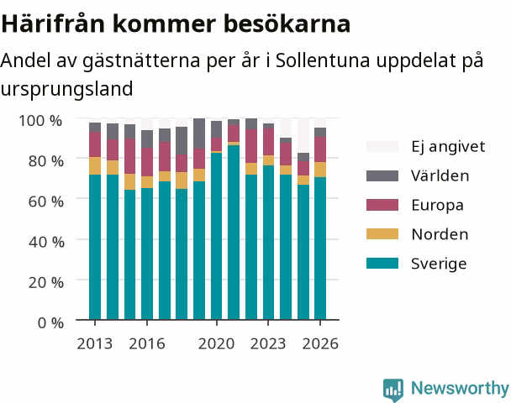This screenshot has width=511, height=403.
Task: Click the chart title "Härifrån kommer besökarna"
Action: (x=176, y=24)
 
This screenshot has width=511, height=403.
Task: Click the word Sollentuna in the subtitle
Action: (x=323, y=60)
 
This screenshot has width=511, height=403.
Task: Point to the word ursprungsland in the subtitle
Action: (x=66, y=89)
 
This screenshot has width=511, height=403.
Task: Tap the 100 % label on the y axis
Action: (x=40, y=121)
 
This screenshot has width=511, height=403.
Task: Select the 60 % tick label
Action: (x=46, y=201)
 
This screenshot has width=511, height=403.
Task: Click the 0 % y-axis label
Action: (x=50, y=322)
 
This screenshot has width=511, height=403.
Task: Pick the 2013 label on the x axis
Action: (x=94, y=343)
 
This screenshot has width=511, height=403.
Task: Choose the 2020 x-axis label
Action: (x=216, y=343)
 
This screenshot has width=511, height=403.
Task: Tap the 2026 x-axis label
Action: (x=320, y=343)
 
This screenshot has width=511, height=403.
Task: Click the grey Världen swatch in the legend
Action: (x=382, y=175)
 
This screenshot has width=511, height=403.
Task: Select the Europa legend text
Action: (x=437, y=205)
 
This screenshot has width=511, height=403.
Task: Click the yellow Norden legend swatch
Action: (x=382, y=234)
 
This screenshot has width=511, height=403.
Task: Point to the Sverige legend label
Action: (x=439, y=264)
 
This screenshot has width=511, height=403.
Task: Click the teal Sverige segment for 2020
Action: (x=216, y=236)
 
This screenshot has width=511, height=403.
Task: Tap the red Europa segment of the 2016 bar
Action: (x=147, y=162)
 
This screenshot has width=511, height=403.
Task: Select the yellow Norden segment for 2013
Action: (x=95, y=165)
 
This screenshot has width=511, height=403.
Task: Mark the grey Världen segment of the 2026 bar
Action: (x=320, y=132)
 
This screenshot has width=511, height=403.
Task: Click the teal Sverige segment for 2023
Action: (x=268, y=243)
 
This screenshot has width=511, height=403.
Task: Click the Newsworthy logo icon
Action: (x=393, y=389)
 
